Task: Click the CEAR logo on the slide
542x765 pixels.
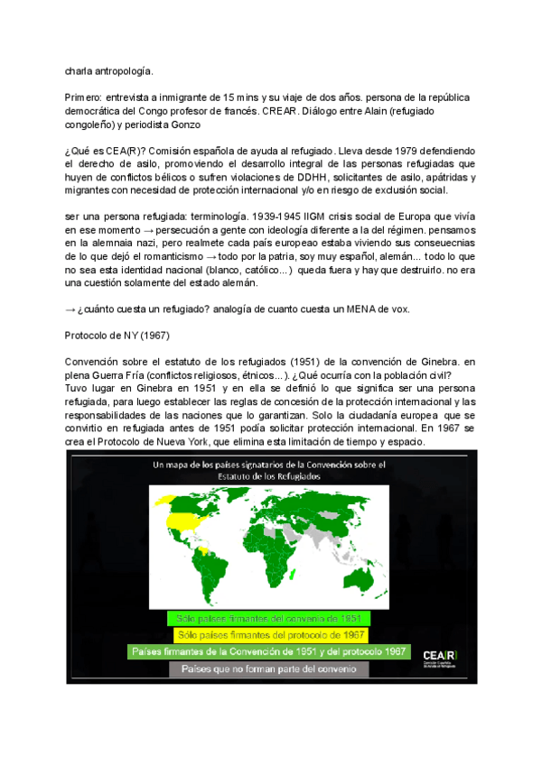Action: (444, 654)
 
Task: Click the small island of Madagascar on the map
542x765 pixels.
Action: (295, 567)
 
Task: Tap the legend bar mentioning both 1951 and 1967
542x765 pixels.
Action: (269, 651)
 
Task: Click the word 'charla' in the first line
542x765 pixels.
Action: (79, 69)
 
